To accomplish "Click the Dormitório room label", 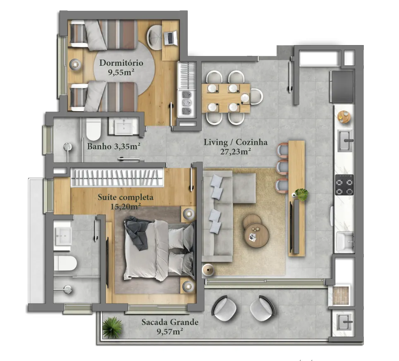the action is click(121, 62).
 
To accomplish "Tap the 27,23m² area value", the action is click(235, 152).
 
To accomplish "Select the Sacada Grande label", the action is click(170, 322).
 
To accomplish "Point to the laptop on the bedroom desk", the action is click(170, 38).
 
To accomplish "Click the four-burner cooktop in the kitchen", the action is click(344, 185).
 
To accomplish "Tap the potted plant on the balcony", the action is click(112, 328).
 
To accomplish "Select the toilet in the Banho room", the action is click(93, 129).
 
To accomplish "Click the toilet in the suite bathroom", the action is click(65, 263).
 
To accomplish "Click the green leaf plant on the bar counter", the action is click(301, 194).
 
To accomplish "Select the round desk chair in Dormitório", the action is click(155, 37).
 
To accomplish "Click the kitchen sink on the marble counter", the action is click(345, 141).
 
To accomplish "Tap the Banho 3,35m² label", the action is click(113, 146).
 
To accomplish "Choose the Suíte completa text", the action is click(125, 197).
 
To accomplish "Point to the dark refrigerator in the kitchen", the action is click(342, 86).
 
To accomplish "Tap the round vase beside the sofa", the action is click(208, 270).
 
